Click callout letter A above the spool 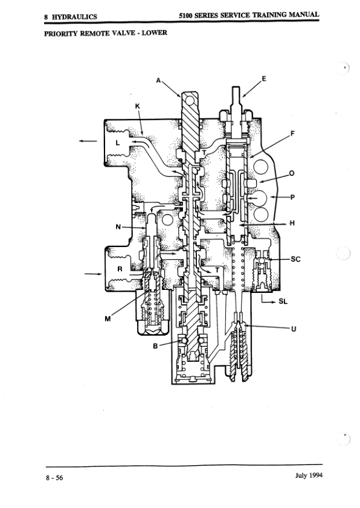click(x=158, y=80)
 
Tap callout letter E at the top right click(x=264, y=79)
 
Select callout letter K click(x=137, y=106)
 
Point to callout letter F click(x=292, y=133)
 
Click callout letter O click(x=291, y=173)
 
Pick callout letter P click(x=292, y=197)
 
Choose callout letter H click(x=292, y=223)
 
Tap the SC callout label click(x=295, y=259)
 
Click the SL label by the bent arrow click(x=283, y=301)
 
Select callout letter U click(x=294, y=329)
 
